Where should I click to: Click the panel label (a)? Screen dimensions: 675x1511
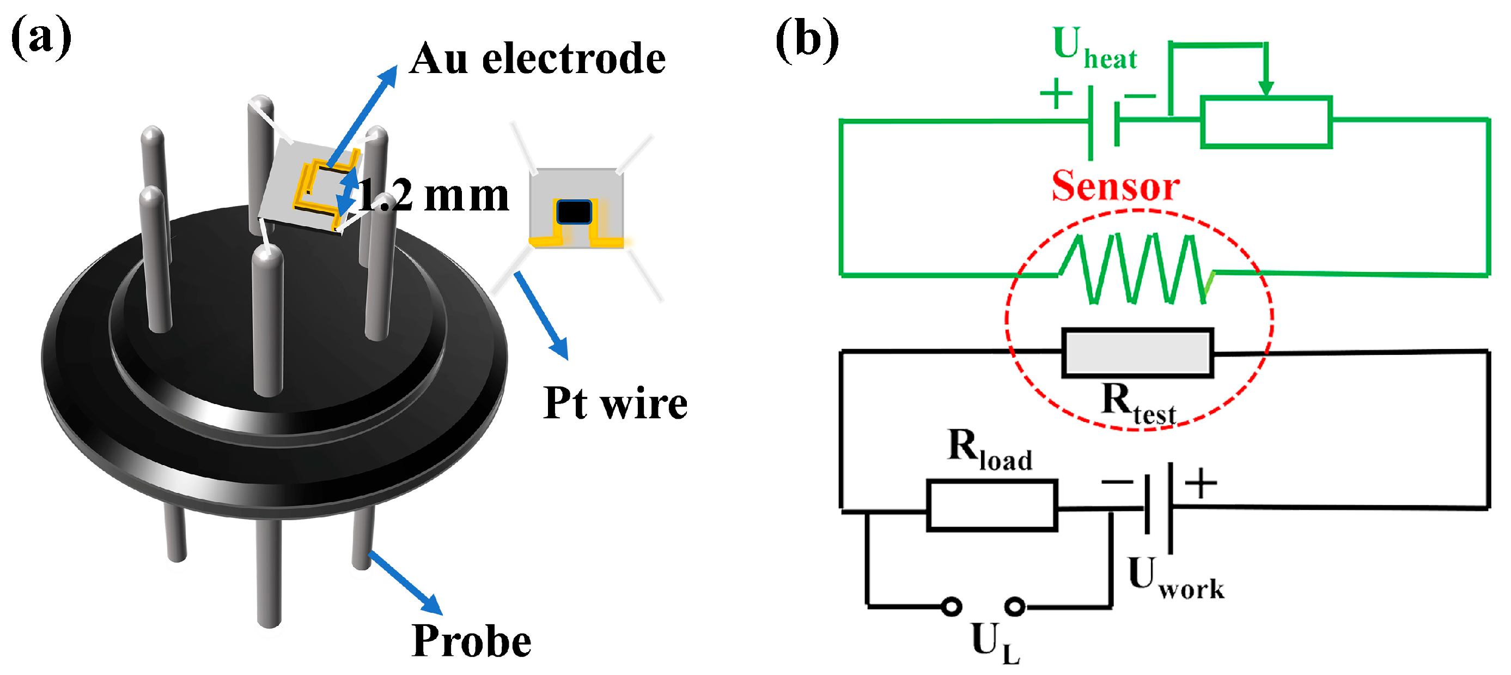pos(41,38)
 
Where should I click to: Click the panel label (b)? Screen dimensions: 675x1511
pos(807,39)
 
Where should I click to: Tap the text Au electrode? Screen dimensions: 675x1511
pos(537,59)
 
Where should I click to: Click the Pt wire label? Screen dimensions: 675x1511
pos(615,403)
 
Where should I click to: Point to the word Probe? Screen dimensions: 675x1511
pos(471,641)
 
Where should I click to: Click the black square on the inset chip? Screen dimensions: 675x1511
pos(574,212)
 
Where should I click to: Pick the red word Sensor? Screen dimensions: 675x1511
pos(1115,186)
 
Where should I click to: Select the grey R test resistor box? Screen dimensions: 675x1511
pos(1137,352)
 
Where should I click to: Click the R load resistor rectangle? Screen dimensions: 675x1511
pos(991,505)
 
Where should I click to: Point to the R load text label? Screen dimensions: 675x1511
pos(990,451)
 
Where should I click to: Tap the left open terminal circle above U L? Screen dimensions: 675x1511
pos(952,606)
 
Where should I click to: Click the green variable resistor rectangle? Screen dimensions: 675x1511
pos(1266,122)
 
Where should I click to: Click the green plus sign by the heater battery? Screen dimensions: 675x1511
pos(1055,93)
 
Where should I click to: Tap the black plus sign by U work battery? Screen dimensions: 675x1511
pos(1201,483)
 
